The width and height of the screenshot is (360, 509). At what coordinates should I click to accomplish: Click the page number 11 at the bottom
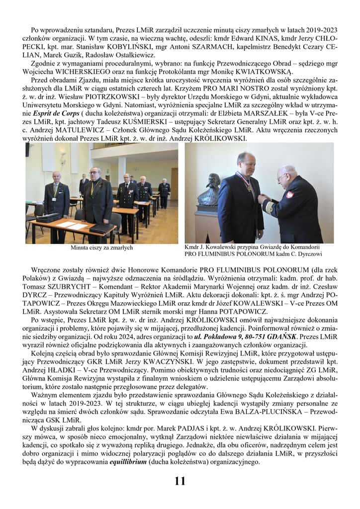(180, 481)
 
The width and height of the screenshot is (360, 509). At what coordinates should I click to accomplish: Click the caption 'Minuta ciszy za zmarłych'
(101, 247)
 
